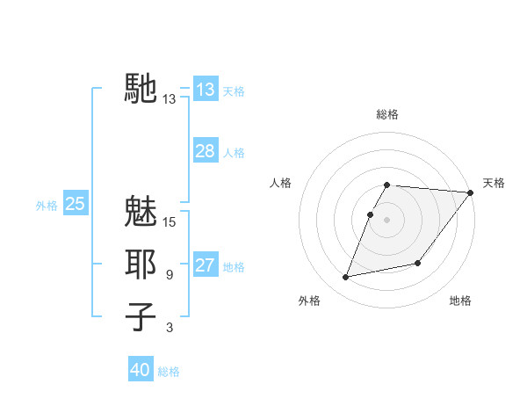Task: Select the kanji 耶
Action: point(141,264)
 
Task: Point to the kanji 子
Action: point(141,316)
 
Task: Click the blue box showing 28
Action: point(206,151)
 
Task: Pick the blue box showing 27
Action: point(206,265)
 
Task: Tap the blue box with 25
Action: point(76,204)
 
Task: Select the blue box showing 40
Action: point(141,370)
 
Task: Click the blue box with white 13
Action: point(206,90)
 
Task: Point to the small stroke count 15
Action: point(170,222)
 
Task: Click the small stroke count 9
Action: point(170,275)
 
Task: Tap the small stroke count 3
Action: point(170,328)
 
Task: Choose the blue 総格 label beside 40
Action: point(169,372)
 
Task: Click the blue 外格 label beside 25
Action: point(47,206)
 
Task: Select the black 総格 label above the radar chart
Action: point(387,114)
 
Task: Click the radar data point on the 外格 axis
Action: point(346,277)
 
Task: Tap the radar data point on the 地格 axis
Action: point(418,263)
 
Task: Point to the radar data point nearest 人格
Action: point(371,214)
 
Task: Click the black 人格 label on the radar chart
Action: point(281,183)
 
